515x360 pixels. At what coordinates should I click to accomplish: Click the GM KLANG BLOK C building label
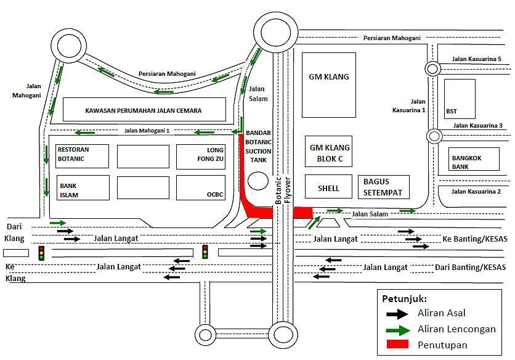tap(329, 152)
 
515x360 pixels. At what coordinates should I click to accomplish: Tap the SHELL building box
tap(328, 187)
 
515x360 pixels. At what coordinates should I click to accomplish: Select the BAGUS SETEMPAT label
tap(382, 187)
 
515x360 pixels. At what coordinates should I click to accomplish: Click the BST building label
tap(452, 112)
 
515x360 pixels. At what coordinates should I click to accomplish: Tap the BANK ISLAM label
tap(68, 190)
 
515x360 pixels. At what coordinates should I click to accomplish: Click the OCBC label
tap(214, 195)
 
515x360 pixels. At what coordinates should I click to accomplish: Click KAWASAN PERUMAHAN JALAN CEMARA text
tap(144, 112)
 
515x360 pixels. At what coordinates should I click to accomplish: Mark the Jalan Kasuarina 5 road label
tap(477, 59)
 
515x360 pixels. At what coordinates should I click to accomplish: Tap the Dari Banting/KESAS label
tap(471, 267)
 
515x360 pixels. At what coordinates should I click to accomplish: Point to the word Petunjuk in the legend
tap(404, 299)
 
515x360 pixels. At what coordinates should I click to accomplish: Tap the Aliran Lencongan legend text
tap(456, 329)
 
